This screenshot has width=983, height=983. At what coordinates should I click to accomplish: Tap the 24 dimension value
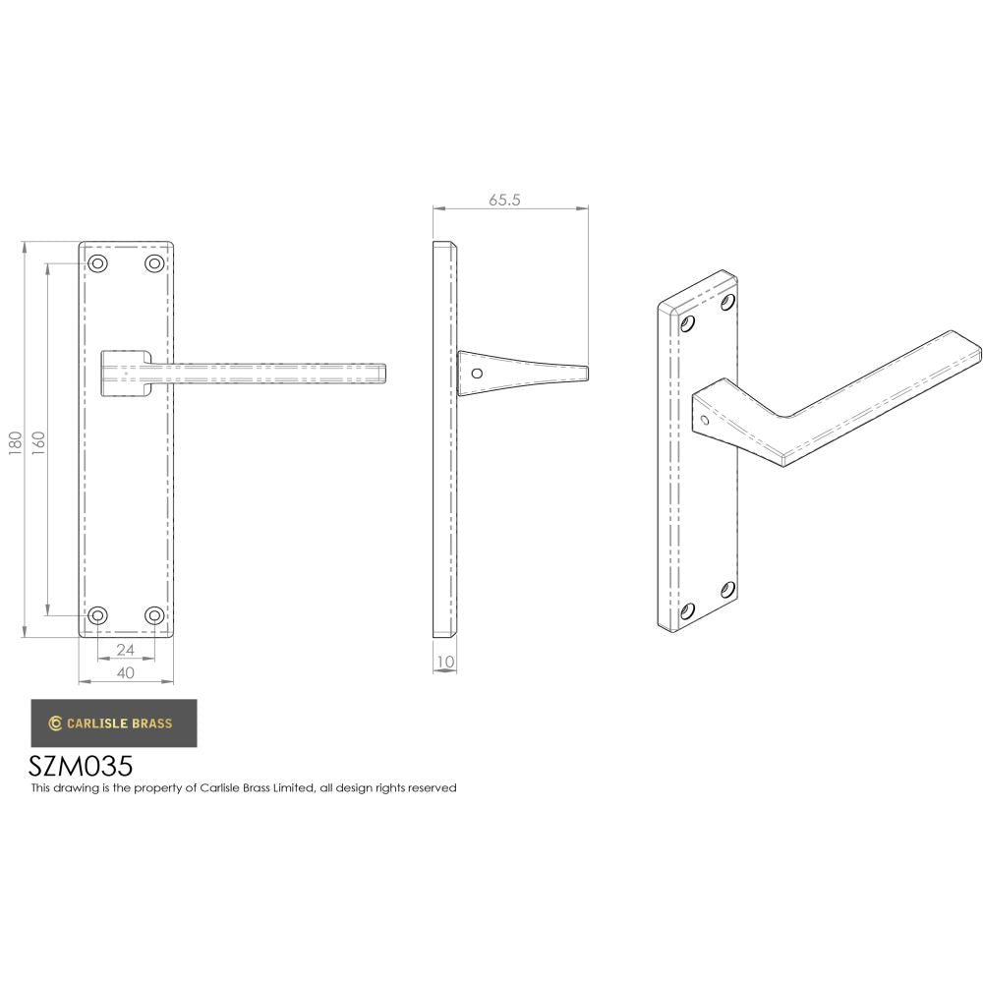pyautogui.click(x=126, y=650)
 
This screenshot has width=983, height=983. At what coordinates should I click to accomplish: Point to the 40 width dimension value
pyautogui.click(x=126, y=672)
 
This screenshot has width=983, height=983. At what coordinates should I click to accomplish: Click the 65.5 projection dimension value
pyautogui.click(x=503, y=200)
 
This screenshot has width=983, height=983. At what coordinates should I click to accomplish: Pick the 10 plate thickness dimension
pyautogui.click(x=445, y=663)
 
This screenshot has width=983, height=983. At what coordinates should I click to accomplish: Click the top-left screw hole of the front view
pyautogui.click(x=98, y=263)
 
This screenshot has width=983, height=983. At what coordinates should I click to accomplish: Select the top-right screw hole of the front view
pyautogui.click(x=154, y=263)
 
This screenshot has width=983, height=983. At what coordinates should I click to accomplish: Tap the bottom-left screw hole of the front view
pyautogui.click(x=98, y=615)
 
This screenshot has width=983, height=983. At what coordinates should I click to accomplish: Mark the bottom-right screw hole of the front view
pyautogui.click(x=154, y=615)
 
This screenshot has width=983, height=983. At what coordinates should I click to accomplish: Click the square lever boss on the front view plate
pyautogui.click(x=125, y=372)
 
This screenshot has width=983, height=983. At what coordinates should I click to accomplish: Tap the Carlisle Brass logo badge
pyautogui.click(x=113, y=723)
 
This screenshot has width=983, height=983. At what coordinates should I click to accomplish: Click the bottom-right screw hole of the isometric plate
pyautogui.click(x=728, y=589)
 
